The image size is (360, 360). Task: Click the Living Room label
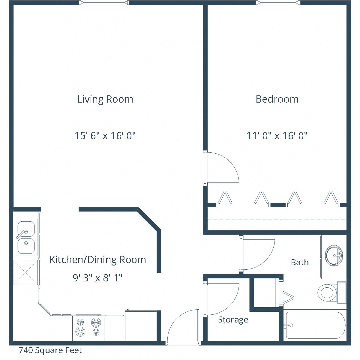pyautogui.click(x=105, y=99)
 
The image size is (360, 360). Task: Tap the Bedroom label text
pyautogui.click(x=277, y=99)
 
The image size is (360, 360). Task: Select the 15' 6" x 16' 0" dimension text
pyautogui.click(x=105, y=136)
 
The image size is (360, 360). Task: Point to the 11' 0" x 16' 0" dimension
pyautogui.click(x=277, y=136)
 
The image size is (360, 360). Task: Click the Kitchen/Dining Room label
pyautogui.click(x=97, y=259)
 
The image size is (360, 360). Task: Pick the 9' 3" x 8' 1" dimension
pyautogui.click(x=97, y=278)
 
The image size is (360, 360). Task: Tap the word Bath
pyautogui.click(x=300, y=262)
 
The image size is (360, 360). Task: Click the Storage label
pyautogui.click(x=233, y=319)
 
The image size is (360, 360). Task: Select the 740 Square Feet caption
pyautogui.click(x=50, y=350)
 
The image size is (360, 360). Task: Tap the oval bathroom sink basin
pyautogui.click(x=334, y=255)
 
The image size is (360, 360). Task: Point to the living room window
pyautogui.click(x=105, y=3)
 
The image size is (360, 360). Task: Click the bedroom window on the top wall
pyautogui.click(x=279, y=3)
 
